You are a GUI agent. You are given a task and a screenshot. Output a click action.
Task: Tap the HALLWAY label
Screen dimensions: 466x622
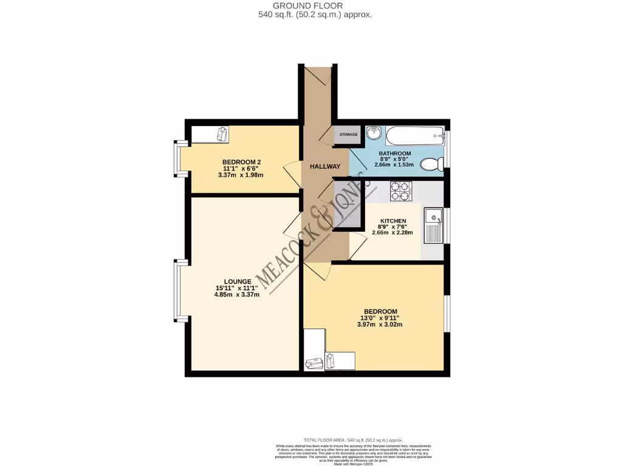point(321,166)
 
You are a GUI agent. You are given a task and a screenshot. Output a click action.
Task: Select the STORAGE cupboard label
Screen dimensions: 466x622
point(348,134)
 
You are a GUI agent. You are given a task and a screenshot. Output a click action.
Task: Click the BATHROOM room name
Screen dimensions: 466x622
point(395,154)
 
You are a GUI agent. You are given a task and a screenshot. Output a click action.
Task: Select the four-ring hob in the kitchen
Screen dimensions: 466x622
point(401,191)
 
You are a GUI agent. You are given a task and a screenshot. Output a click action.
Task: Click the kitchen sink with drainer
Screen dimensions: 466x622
point(434,225)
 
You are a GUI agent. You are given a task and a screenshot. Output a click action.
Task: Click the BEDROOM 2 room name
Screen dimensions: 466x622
point(242,162)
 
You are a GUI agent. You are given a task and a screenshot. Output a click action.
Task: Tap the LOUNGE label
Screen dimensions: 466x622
point(238,282)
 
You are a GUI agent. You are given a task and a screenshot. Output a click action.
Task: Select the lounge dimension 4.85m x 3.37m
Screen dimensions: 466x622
point(237,295)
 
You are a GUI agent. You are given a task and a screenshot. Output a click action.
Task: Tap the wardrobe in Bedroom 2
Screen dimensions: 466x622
point(210,134)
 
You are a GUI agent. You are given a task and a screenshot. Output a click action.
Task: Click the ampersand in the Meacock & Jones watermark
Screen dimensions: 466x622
point(317,220)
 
